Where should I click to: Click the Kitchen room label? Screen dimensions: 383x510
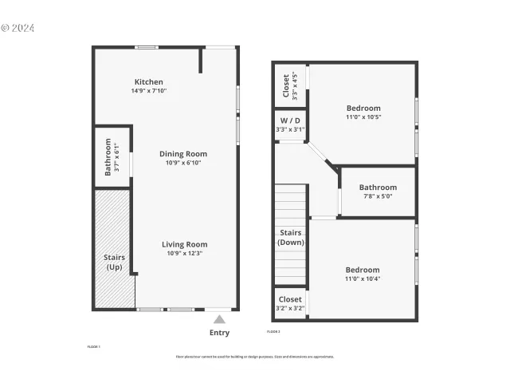tap(148, 82)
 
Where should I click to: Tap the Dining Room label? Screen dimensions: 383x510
tap(183, 154)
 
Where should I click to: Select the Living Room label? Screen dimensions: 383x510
tap(185, 244)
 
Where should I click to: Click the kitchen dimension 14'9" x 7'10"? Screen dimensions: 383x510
tap(148, 91)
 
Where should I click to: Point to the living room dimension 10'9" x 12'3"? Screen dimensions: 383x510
tap(185, 253)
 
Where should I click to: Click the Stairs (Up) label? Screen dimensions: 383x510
tap(114, 262)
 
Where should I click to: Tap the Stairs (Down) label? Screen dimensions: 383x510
tap(290, 237)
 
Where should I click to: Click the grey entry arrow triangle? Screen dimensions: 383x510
tap(219, 319)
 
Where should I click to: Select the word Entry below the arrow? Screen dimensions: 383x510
tap(219, 333)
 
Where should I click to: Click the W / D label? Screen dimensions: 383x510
tap(290, 120)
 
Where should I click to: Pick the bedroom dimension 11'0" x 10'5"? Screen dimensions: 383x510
tap(363, 117)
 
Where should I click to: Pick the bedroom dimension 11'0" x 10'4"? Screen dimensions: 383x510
tap(363, 278)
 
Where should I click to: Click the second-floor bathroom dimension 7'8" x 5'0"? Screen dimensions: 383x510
tap(377, 196)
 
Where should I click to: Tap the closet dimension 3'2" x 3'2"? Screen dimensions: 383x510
tap(290, 308)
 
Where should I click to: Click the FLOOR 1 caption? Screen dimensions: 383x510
tap(93, 347)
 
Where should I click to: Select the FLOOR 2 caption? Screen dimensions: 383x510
tap(273, 331)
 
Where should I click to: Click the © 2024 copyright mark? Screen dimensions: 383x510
tap(18, 28)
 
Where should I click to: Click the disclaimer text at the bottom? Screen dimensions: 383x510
tap(255, 357)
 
